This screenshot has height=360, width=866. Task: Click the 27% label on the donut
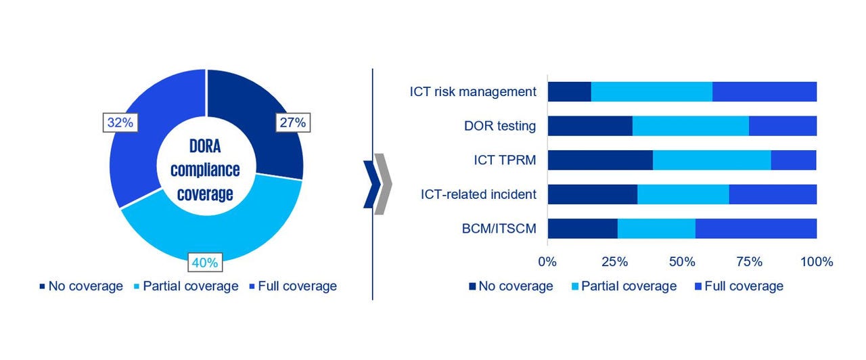pyautogui.click(x=292, y=122)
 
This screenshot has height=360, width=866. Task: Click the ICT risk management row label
pyautogui.click(x=473, y=91)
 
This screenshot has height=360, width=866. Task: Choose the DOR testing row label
pyautogui.click(x=500, y=126)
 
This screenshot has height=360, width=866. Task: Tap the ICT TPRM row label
pyautogui.click(x=505, y=160)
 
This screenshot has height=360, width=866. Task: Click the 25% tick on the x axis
pyautogui.click(x=614, y=262)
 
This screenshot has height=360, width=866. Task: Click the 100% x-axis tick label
pyautogui.click(x=816, y=262)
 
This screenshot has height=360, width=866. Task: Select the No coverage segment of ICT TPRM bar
pyautogui.click(x=600, y=160)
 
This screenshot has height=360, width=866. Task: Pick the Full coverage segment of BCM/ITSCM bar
pyautogui.click(x=756, y=229)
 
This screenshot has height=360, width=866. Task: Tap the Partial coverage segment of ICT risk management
pyautogui.click(x=652, y=91)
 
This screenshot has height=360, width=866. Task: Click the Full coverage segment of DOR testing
pyautogui.click(x=783, y=126)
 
